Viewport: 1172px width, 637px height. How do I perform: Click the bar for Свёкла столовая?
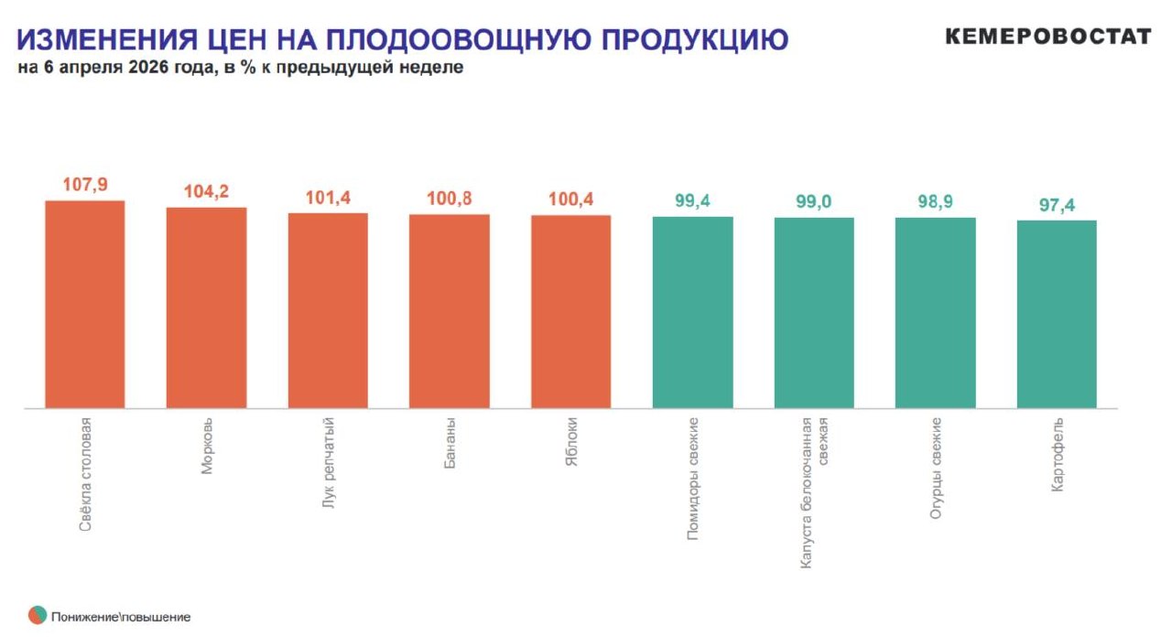[85, 304]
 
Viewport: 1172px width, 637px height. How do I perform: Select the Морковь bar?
[206, 308]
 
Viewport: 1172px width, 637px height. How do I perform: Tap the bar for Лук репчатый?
[328, 310]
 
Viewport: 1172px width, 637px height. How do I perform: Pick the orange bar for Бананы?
[449, 311]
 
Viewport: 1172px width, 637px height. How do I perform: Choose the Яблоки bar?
[570, 311]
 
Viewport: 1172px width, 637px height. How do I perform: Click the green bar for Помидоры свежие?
[692, 312]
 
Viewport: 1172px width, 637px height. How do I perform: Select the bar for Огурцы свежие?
[935, 312]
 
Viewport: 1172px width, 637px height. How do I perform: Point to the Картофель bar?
[1057, 314]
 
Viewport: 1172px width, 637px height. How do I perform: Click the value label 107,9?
[85, 185]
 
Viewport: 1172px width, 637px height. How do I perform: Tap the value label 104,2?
[206, 192]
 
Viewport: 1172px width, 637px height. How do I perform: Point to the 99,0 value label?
[813, 202]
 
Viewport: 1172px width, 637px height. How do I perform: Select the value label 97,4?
[1057, 205]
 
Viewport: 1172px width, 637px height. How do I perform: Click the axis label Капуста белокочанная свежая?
[814, 493]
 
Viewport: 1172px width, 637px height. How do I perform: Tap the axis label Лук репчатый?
[329, 475]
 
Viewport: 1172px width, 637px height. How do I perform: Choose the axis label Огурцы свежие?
[936, 469]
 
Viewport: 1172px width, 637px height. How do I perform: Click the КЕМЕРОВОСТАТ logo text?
[1047, 37]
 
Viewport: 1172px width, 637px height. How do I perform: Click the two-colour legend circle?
[38, 615]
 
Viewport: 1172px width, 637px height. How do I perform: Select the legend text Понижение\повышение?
[121, 617]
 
